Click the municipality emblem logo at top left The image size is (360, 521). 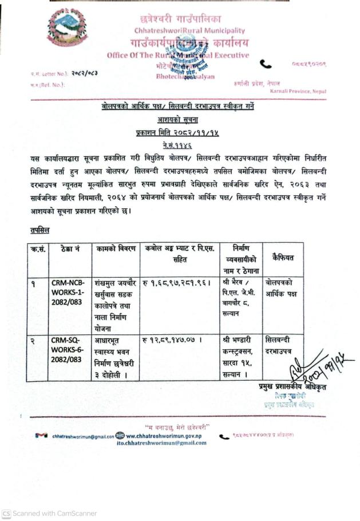coord(68,27)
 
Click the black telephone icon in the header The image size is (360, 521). coord(266,65)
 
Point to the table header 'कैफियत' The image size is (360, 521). coord(283,258)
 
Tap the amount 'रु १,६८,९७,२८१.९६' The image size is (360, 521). coord(176,283)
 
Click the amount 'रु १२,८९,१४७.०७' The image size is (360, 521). coord(173,340)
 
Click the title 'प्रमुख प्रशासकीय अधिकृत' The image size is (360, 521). coord(292,388)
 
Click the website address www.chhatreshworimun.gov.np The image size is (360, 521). coord(166,435)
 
